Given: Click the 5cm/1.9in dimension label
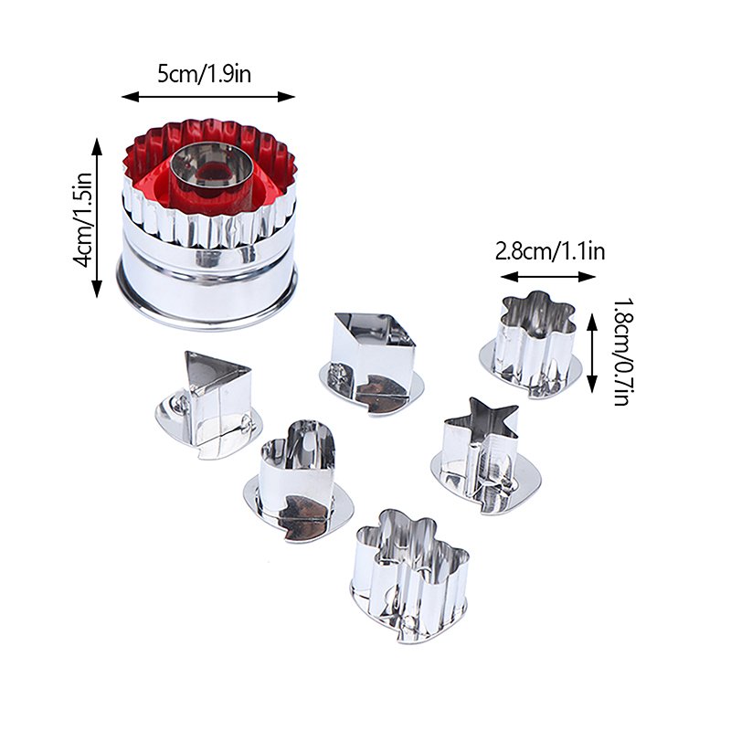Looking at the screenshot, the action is [x=204, y=74].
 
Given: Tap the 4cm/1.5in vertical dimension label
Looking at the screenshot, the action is [x=84, y=220].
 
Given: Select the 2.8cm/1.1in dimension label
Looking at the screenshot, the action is [x=550, y=251].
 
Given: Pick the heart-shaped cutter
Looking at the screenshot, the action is [x=299, y=482].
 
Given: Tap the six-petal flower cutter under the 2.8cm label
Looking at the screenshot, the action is [x=532, y=345].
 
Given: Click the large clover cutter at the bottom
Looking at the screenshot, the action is [x=410, y=577].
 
